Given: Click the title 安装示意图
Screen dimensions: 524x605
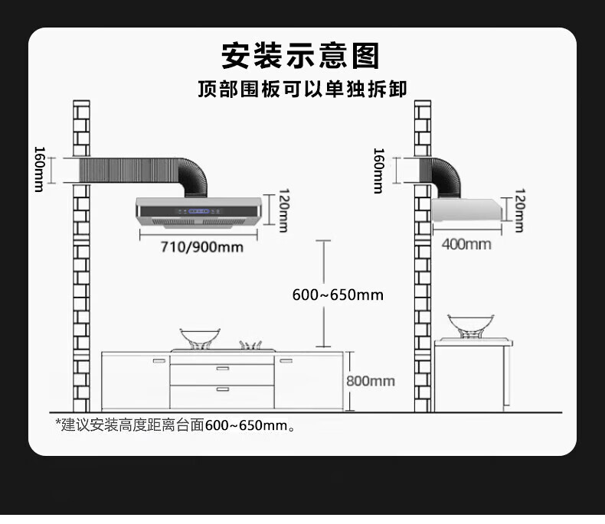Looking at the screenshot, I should pos(301,55).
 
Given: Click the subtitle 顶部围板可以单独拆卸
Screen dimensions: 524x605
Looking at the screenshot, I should pos(302,90).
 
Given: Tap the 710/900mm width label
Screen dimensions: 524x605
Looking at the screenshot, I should pos(201,246).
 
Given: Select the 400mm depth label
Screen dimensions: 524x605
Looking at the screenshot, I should pos(466,244).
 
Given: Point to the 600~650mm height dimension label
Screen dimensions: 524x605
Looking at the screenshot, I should pos(338,295).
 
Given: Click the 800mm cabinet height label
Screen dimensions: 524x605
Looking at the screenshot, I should pos(371,381).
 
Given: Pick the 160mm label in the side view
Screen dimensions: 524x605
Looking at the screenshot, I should pos(378,171).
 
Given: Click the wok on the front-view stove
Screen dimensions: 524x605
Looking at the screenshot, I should pos(201,337).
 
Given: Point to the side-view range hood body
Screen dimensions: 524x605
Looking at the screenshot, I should pos(464,210).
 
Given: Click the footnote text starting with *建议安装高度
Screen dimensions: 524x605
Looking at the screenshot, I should pos(175,425).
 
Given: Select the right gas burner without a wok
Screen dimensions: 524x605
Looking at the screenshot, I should pos(253,345).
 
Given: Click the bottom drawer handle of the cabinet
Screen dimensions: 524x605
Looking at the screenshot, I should pos(222,389).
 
